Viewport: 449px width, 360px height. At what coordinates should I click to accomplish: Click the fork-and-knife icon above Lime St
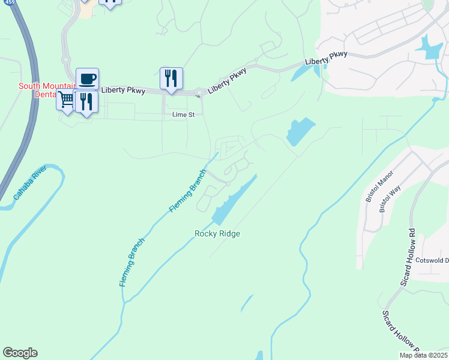coord(171,78)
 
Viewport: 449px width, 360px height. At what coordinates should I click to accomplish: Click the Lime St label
coord(183,114)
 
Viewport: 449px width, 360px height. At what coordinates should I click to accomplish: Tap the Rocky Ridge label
coord(217,233)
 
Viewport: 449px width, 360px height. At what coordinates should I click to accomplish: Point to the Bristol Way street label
coord(386,199)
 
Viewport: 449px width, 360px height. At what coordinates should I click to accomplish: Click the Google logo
coord(20,353)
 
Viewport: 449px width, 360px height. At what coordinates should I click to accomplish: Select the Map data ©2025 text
coord(424,355)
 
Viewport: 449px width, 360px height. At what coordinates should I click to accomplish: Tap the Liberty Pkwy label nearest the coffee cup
coord(123,91)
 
